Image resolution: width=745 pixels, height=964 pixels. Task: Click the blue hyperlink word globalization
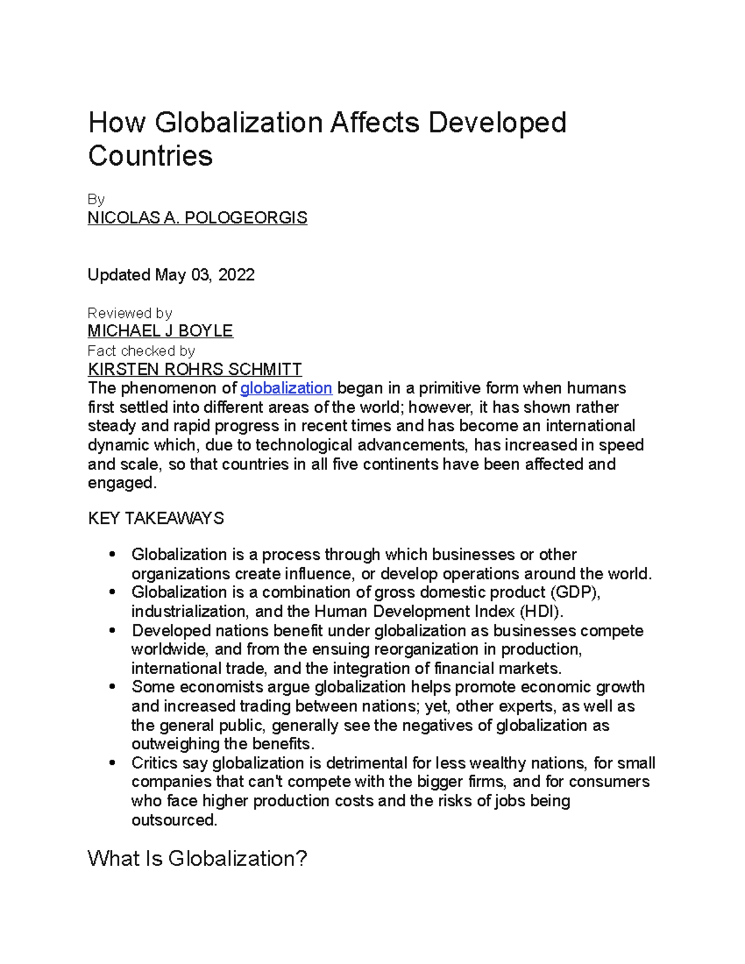click(286, 389)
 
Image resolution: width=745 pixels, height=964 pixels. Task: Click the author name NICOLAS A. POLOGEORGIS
click(197, 218)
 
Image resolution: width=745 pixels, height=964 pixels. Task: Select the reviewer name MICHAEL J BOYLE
click(160, 331)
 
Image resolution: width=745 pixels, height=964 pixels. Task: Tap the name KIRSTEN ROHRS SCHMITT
click(195, 369)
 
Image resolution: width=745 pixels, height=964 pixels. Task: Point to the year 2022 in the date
click(236, 275)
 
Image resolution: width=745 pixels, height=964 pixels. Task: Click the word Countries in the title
click(150, 155)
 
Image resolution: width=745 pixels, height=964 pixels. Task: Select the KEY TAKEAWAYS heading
click(156, 518)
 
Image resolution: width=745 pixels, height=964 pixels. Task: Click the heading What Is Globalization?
click(197, 858)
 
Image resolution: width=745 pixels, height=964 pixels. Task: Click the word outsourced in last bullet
click(174, 820)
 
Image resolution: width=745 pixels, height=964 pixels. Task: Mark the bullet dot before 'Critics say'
click(112, 763)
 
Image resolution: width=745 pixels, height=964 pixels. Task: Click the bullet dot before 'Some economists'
click(112, 687)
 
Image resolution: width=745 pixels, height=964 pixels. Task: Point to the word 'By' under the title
click(96, 199)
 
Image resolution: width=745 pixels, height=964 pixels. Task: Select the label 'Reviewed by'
click(130, 313)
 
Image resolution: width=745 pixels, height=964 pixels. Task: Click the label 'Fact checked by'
click(142, 351)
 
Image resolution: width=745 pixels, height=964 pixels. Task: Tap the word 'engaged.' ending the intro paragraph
click(122, 483)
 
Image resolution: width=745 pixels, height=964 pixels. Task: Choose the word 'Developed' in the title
click(497, 123)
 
